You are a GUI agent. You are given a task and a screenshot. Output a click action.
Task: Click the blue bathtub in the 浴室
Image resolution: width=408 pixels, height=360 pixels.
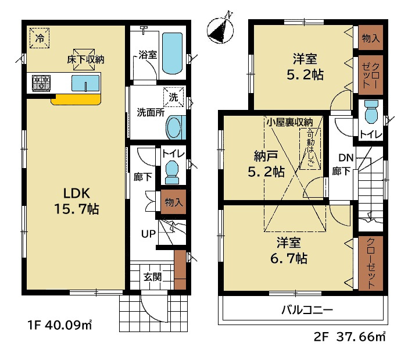[x=172, y=53]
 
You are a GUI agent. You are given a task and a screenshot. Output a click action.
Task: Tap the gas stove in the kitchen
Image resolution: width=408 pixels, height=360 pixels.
[x=41, y=83]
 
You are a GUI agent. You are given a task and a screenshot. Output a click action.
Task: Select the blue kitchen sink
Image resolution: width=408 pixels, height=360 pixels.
[x=85, y=83]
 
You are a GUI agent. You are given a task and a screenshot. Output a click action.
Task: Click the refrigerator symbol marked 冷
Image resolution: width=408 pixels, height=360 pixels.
[x=40, y=38]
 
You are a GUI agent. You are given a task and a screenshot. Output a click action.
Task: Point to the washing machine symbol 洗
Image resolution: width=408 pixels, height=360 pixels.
[x=174, y=97]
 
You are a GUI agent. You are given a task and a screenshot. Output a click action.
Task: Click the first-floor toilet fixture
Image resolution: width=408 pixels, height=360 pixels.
[x=171, y=172]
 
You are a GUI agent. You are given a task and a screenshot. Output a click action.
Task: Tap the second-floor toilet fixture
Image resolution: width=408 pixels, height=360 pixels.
[x=371, y=112]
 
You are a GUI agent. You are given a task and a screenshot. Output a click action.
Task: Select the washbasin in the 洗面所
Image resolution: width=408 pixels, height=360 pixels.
[x=175, y=127]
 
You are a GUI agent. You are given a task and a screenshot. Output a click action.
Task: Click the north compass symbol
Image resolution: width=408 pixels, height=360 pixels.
[x=220, y=30]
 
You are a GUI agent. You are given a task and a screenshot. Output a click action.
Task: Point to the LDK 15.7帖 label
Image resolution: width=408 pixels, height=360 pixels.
[x=77, y=201]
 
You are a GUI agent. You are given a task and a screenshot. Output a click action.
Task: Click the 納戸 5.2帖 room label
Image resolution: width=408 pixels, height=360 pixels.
[x=266, y=164]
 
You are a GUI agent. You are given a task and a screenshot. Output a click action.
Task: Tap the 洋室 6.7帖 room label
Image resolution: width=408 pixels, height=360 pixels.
[x=289, y=251]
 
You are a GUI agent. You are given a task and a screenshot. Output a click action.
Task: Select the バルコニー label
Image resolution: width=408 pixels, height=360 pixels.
[x=307, y=310]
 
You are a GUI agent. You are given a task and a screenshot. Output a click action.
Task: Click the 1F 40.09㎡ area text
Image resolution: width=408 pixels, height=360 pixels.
[x=60, y=325]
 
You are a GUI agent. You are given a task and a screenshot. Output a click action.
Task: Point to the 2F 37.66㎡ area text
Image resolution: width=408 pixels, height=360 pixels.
[x=349, y=337]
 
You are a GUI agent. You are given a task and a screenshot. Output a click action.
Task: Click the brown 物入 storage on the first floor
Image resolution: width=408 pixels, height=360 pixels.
[x=173, y=202]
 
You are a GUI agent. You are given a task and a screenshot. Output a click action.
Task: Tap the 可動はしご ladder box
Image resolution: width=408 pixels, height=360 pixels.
[x=310, y=149]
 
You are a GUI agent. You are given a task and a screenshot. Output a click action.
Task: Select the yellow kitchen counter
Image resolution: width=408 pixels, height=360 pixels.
[x=76, y=99]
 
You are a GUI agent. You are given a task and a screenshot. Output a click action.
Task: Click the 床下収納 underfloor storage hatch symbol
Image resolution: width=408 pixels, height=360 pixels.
[x=84, y=59]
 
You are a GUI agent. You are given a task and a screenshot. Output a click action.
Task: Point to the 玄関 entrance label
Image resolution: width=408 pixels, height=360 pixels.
[x=153, y=277]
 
